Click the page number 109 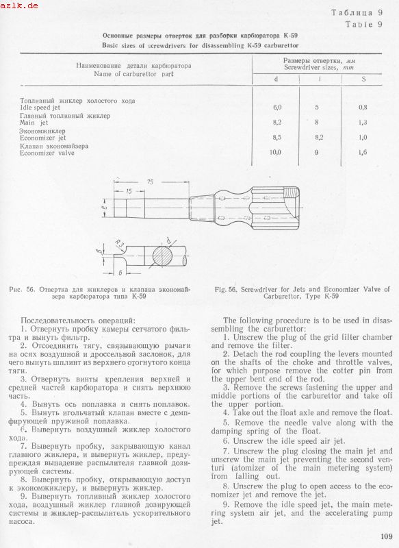pos(387,536)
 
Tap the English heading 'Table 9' pos(364,25)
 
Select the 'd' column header pos(276,79)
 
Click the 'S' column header pos(363,79)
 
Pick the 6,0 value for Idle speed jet pos(277,108)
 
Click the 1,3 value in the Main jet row pos(363,123)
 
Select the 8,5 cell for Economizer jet pos(277,138)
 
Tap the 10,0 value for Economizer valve pos(276,152)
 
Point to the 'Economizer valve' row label pos(47,153)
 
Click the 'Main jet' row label pos(34,123)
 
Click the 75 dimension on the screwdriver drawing pos(150,182)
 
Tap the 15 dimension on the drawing pos(129,192)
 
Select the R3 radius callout pos(119,244)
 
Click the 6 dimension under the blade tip pos(120,273)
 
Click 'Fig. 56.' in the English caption pos(227,290)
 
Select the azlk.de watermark pos(19,5)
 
